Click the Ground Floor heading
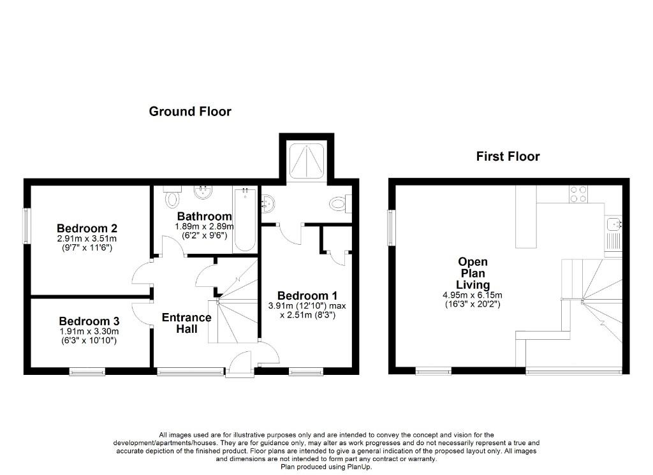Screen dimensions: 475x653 (190, 112)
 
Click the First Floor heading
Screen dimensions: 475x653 (508, 156)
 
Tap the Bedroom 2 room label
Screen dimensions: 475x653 (87, 228)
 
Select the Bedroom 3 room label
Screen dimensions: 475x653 (89, 321)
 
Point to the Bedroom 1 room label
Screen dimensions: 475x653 (307, 296)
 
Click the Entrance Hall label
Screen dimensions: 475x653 (186, 323)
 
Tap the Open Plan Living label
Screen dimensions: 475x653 (473, 273)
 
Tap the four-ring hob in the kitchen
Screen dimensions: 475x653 (578, 193)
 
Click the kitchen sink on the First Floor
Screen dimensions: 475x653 (614, 224)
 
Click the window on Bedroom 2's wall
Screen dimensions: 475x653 (27, 226)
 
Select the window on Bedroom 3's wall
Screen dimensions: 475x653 (87, 370)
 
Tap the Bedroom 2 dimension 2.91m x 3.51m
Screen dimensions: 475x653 (87, 238)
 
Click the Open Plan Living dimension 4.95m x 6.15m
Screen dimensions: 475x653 (473, 295)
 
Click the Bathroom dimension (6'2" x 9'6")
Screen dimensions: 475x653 (204, 235)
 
